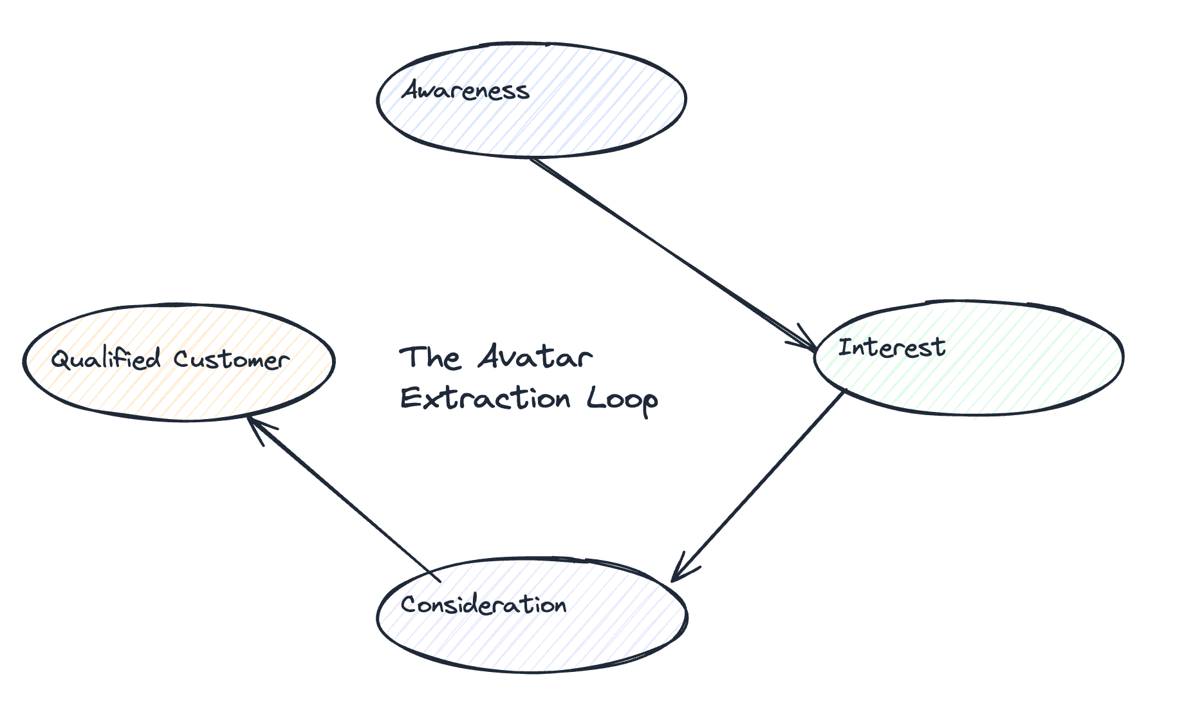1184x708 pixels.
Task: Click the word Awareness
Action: pos(466,91)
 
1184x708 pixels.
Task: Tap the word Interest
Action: pos(892,348)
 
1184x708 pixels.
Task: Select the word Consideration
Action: pos(483,605)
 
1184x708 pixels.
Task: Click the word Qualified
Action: pos(106,359)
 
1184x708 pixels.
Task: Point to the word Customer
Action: pos(231,359)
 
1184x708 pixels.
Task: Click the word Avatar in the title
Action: pos(535,357)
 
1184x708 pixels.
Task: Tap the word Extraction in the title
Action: pos(485,398)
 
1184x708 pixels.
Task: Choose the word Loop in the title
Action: pos(622,400)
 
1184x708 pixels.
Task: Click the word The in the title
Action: pos(430,358)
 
